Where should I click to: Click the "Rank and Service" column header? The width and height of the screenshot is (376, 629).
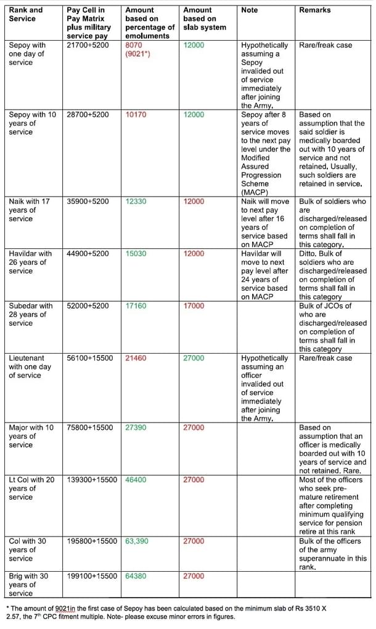(26, 14)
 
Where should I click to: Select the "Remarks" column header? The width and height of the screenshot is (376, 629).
(314, 10)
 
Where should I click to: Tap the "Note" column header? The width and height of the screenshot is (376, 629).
(250, 10)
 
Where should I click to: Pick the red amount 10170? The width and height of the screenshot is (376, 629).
(136, 115)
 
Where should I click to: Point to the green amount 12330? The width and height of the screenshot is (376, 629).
(136, 201)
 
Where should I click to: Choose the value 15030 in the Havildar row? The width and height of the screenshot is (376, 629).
(136, 253)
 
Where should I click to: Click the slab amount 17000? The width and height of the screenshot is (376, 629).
(194, 306)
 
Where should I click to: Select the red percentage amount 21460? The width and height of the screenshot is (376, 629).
(136, 358)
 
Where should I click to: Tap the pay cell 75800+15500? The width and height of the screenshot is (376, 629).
(90, 427)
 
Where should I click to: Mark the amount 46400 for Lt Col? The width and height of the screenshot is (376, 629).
(136, 479)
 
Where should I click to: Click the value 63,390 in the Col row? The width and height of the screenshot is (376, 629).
(137, 541)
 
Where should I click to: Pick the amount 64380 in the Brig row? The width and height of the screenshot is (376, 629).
(136, 576)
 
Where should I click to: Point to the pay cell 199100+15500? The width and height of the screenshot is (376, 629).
(92, 576)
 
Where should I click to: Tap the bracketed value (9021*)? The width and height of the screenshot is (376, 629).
(138, 54)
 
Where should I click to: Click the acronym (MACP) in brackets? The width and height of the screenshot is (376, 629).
(255, 192)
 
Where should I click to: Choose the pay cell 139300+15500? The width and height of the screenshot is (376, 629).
(92, 479)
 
